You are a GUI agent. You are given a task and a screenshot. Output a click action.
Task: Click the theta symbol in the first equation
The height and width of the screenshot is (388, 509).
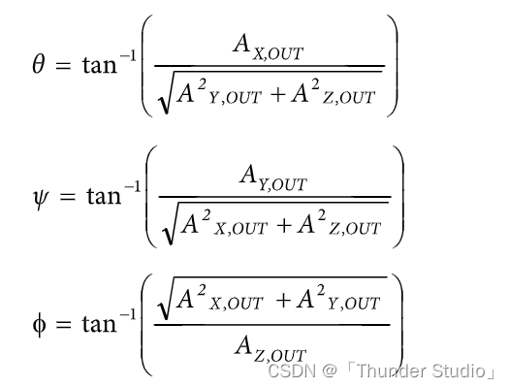tap(39, 64)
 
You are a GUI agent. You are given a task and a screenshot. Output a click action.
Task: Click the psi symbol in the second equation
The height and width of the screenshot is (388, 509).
tap(40, 197)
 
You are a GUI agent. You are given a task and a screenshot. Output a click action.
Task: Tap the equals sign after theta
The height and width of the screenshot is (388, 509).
tap(63, 65)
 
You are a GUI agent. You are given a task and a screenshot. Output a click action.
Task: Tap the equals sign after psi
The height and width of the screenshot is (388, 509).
tap(67, 197)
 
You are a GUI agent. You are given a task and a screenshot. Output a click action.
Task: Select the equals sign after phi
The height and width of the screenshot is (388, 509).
tap(63, 324)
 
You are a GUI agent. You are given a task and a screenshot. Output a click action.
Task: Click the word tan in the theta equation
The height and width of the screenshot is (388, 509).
tap(99, 65)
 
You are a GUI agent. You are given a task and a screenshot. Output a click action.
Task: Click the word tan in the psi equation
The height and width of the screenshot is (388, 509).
tap(104, 197)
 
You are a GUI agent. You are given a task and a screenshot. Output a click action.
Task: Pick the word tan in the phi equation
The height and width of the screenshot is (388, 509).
tap(99, 324)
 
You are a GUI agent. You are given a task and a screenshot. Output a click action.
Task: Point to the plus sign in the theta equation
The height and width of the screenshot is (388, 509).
tap(277, 95)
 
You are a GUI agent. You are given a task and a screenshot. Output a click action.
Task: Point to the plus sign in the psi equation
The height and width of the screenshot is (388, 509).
tap(283, 226)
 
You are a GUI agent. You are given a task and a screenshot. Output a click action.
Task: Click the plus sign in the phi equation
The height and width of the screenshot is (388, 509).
tap(283, 301)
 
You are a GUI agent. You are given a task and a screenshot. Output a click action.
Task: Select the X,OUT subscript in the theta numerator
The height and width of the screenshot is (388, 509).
tap(278, 54)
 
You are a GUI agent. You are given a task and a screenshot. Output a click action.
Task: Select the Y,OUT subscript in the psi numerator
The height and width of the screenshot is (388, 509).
tap(282, 184)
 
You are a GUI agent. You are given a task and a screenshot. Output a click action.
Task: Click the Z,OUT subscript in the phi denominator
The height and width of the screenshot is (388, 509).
tap(280, 355)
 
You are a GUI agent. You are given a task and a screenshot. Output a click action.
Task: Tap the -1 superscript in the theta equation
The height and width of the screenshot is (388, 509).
tap(128, 56)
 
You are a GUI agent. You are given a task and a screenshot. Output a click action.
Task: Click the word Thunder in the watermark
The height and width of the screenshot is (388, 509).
tap(392, 371)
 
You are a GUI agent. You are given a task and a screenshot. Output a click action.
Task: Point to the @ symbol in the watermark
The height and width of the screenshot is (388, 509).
tap(330, 372)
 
